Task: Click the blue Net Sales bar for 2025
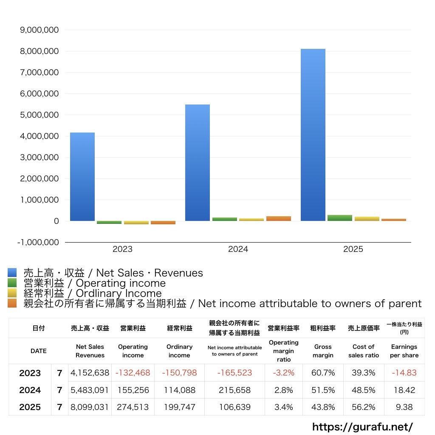[x=313, y=135]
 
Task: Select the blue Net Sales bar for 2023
[x=82, y=177]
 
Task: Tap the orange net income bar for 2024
[x=279, y=219]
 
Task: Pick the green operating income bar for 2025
[x=340, y=218]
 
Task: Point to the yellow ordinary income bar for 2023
[x=136, y=223]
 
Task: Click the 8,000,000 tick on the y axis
[x=40, y=51]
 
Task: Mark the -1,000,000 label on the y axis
[x=38, y=243]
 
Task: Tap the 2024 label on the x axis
[x=238, y=249]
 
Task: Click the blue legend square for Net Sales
[x=12, y=272]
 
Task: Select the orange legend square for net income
[x=12, y=303]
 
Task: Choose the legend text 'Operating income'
[x=121, y=283]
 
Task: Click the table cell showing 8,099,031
[x=89, y=407]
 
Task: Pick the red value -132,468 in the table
[x=133, y=373]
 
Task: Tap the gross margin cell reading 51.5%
[x=323, y=390]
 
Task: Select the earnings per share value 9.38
[x=404, y=407]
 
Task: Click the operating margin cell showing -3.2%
[x=283, y=373]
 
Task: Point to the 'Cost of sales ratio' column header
[x=364, y=351]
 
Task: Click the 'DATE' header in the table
[x=39, y=351]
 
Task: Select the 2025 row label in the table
[x=30, y=407]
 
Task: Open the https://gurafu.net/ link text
[x=363, y=427]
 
